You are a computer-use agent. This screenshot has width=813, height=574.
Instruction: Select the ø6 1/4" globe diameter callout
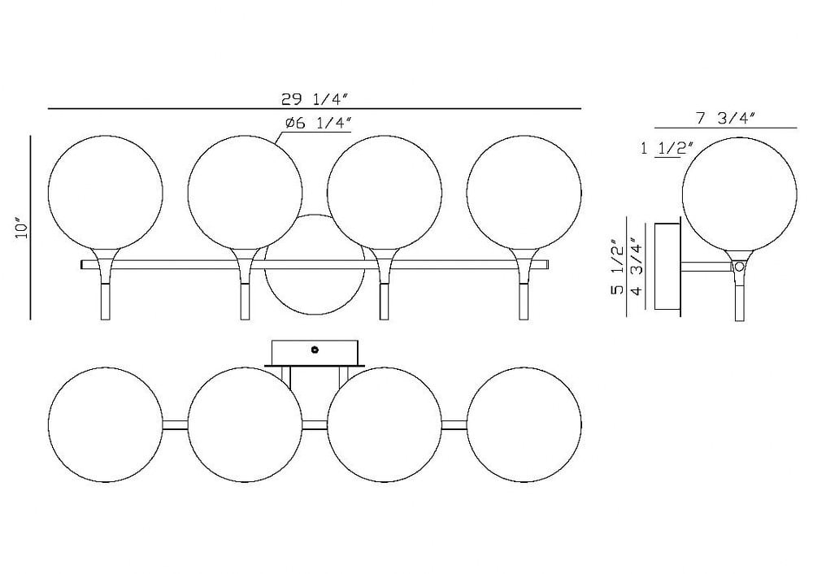(x=319, y=124)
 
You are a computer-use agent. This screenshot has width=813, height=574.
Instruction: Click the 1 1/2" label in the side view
(x=667, y=149)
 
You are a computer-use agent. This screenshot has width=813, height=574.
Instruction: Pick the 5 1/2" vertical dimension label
(x=618, y=267)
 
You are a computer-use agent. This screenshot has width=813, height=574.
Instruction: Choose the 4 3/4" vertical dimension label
(x=637, y=266)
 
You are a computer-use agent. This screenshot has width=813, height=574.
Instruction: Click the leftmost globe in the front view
(x=105, y=193)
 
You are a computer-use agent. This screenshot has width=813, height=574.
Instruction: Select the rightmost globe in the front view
(x=524, y=193)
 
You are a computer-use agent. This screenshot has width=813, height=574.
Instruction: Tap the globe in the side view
(x=739, y=195)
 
